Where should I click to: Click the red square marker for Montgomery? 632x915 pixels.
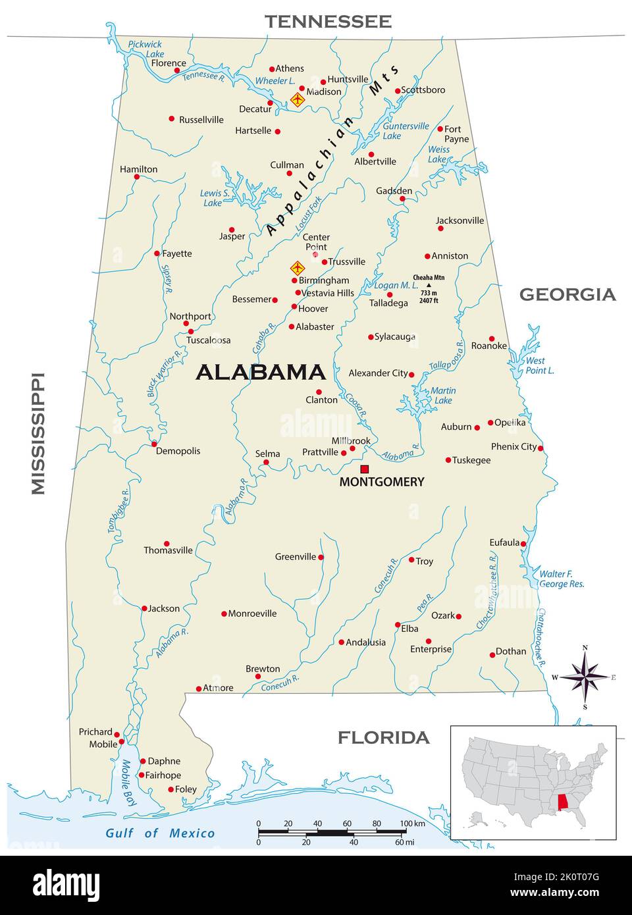pos(364,469)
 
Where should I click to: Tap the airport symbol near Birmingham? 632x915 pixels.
pos(298,269)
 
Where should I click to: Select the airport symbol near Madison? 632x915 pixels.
pos(298,100)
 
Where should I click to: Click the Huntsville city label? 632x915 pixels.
pos(348,79)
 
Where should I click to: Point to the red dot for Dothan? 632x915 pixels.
pos(492,655)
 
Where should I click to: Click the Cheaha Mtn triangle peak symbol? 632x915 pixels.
pos(429,285)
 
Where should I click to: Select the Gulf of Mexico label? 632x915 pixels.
pos(160,833)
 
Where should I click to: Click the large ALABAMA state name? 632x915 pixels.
pos(261,373)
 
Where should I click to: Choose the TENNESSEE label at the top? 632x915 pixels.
pos(328,22)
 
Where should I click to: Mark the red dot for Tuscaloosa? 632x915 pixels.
pos(190,332)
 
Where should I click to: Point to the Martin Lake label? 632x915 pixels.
pos(443,395)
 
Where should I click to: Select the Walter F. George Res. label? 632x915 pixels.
pos(561,579)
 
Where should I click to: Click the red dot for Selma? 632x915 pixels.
pos(266,462)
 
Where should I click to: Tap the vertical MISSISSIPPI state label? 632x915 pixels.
pos(38,433)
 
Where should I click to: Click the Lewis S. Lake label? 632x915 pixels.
pos(215,198)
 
